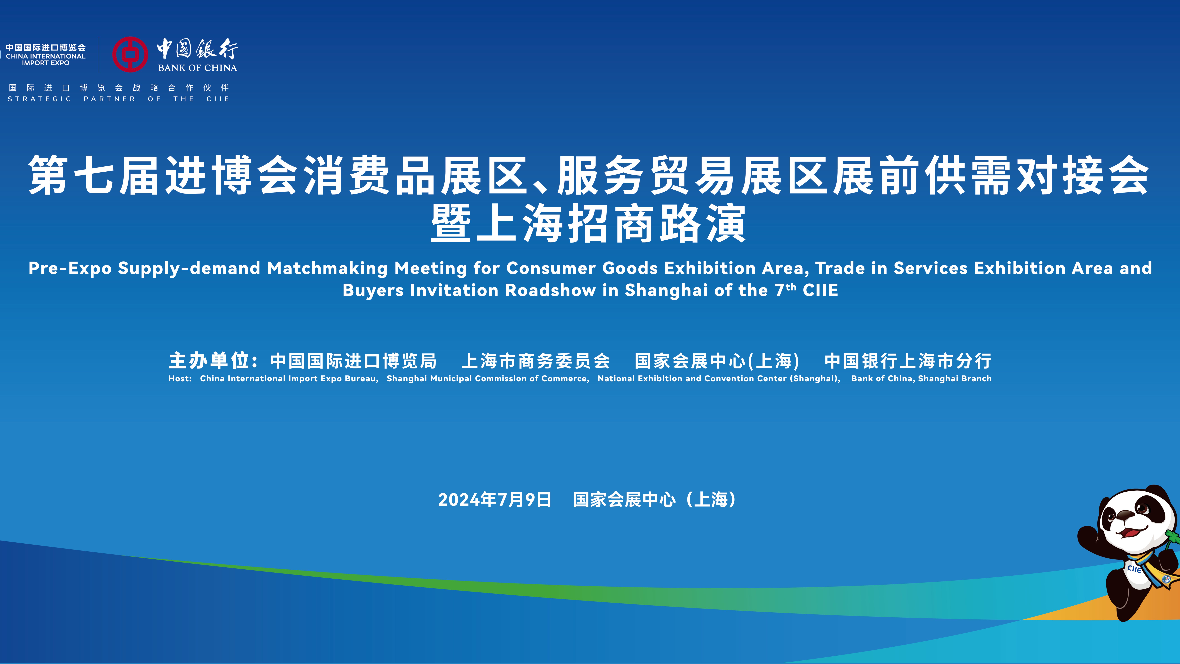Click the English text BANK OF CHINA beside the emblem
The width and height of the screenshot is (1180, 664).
tap(197, 68)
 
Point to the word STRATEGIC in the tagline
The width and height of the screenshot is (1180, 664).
tap(39, 99)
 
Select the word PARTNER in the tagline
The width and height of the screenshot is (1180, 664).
tap(109, 99)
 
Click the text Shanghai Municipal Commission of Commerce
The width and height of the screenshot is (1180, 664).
tap(487, 378)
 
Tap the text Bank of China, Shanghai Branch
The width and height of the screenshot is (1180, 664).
tap(921, 378)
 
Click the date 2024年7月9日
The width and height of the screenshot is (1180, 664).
tap(495, 499)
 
